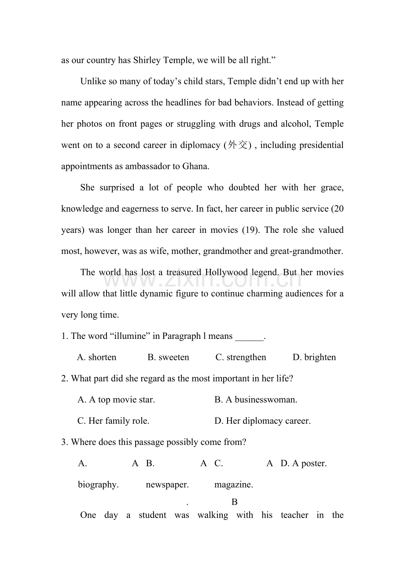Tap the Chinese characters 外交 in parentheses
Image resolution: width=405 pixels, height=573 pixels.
point(238,145)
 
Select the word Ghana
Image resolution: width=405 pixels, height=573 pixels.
point(196,166)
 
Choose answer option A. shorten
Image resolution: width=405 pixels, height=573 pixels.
point(96,357)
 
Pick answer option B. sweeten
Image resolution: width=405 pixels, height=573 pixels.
point(168,357)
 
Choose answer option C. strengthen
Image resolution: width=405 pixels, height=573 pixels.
point(241,357)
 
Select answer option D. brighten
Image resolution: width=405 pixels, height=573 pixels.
point(314,357)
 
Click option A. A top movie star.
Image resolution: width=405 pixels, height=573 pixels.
point(116,400)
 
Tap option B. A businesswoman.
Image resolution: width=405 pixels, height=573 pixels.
point(256,400)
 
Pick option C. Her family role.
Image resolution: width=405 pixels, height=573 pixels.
point(113,421)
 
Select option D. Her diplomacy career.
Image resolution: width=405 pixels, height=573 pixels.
point(262,421)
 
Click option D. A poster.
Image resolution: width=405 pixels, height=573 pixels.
point(304,463)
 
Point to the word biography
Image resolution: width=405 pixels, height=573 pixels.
point(98,485)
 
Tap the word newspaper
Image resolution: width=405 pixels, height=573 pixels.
point(167,485)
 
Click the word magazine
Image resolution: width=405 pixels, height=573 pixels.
point(234,485)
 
